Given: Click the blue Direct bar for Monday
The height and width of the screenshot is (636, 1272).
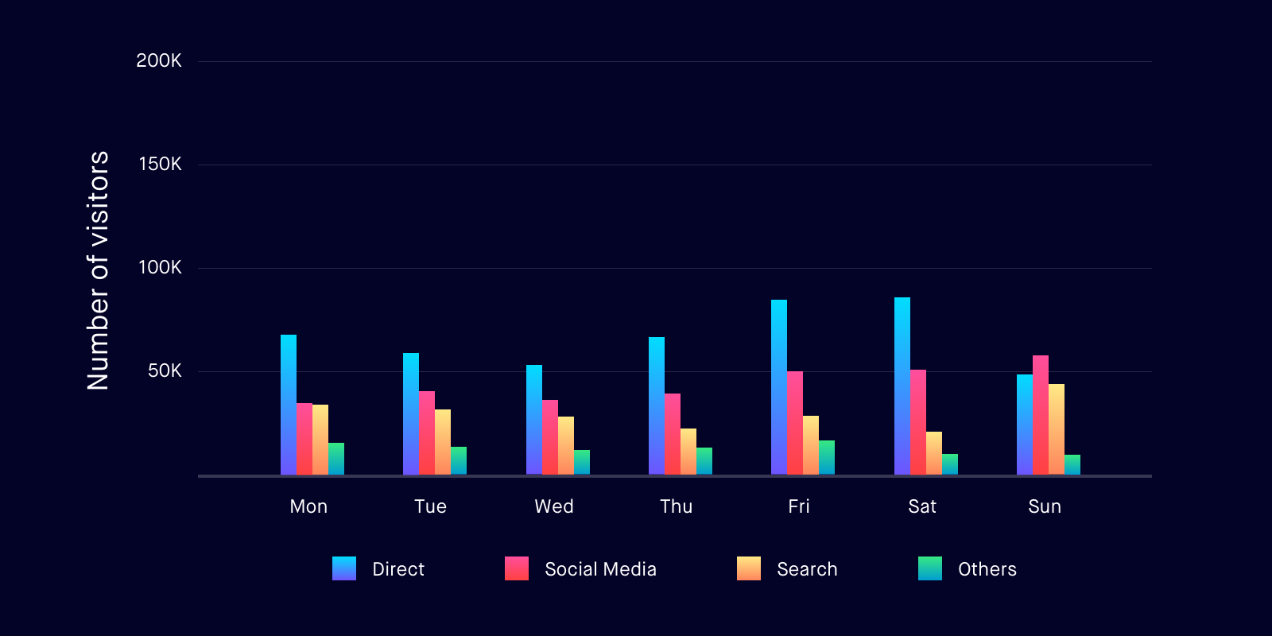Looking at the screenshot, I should (x=289, y=405).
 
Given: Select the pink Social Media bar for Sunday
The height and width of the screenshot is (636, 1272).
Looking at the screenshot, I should (x=1041, y=415).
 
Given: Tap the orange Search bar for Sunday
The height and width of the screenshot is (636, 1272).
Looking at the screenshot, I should (x=1057, y=429).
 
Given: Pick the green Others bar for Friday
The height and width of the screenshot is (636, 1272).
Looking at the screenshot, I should (x=827, y=458).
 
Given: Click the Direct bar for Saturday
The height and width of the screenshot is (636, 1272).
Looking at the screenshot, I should (x=902, y=386).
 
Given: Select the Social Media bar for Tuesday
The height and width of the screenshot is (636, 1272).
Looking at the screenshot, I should (x=427, y=433).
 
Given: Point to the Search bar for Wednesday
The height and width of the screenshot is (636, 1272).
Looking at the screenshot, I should (x=566, y=446).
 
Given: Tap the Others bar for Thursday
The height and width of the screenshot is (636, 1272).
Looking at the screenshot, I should (x=704, y=461).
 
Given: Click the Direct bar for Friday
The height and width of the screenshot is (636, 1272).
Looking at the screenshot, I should (x=779, y=387).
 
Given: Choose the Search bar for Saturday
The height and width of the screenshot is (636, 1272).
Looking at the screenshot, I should (x=934, y=453).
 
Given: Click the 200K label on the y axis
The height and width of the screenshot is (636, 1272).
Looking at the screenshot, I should (x=159, y=61).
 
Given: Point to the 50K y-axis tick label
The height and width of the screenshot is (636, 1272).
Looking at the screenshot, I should (x=165, y=371).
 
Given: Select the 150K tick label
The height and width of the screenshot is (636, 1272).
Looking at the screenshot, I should (x=160, y=165).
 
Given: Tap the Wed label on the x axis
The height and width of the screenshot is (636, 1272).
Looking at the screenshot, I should (x=554, y=506).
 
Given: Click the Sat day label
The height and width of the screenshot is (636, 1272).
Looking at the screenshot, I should (x=922, y=506).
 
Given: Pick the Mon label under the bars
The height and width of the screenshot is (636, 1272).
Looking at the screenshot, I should (x=308, y=506).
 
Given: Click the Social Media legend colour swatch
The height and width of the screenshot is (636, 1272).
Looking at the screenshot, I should (x=517, y=568).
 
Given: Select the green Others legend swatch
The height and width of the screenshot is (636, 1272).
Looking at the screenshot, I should (x=930, y=568).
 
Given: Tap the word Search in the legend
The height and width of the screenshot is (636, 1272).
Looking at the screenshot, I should (x=807, y=569).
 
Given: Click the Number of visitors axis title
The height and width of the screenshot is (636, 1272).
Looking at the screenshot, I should (x=98, y=270).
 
